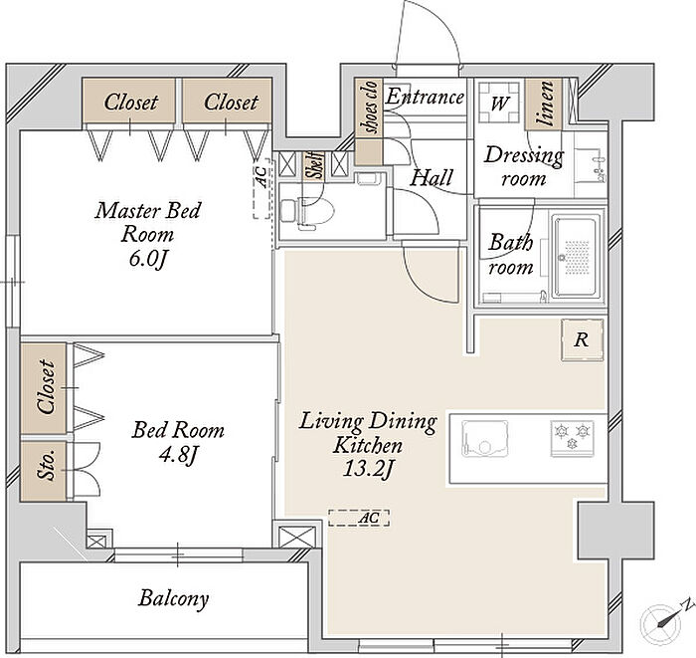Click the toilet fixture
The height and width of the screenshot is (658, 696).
pyautogui.click(x=300, y=214)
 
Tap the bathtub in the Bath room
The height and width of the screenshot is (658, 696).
pyautogui.click(x=576, y=257)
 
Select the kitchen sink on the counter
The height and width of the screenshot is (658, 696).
pyautogui.click(x=484, y=439)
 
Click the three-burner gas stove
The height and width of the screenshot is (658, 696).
pyautogui.click(x=573, y=438)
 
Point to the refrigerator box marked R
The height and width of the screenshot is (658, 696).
pyautogui.click(x=582, y=339)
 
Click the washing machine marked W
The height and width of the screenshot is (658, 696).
pyautogui.click(x=498, y=103)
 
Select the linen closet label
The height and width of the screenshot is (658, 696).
pyautogui.click(x=544, y=104)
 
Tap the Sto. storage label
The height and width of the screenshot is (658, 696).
pyautogui.click(x=46, y=465)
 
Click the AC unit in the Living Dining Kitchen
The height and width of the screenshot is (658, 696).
pyautogui.click(x=359, y=518)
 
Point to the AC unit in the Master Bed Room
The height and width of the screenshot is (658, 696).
pyautogui.click(x=261, y=188)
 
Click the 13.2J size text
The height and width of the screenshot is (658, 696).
pyautogui.click(x=368, y=469)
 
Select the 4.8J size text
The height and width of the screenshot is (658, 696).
pyautogui.click(x=178, y=454)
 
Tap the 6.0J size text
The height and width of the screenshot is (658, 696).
pyautogui.click(x=148, y=259)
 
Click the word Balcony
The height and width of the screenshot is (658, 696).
pyautogui.click(x=173, y=598)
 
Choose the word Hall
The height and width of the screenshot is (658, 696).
pyautogui.click(x=431, y=178)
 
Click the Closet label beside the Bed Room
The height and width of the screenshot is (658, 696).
pyautogui.click(x=46, y=387)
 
